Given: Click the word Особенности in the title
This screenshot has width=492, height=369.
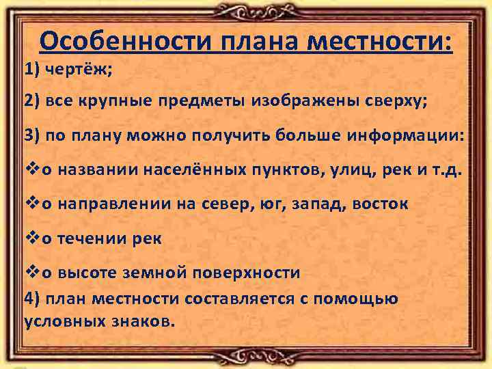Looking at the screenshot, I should [x=127, y=42].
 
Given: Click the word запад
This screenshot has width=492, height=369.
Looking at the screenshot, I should [x=316, y=204].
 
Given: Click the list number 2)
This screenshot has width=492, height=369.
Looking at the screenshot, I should [x=33, y=102].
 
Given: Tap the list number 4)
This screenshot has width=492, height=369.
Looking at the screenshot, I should [x=33, y=299].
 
